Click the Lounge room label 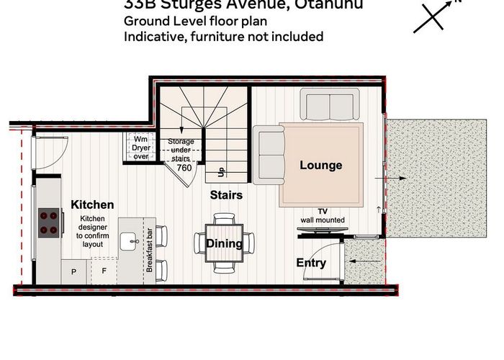point(320,166)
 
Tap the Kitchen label point(92,205)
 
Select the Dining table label point(225,243)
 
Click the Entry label point(311,264)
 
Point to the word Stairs point(225,195)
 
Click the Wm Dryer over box point(140,147)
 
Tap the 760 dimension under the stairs point(184,168)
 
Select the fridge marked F point(104,271)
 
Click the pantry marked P point(74,271)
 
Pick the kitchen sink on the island point(130,240)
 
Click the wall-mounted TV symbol point(322,231)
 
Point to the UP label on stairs point(220,171)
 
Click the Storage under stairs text point(181,149)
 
